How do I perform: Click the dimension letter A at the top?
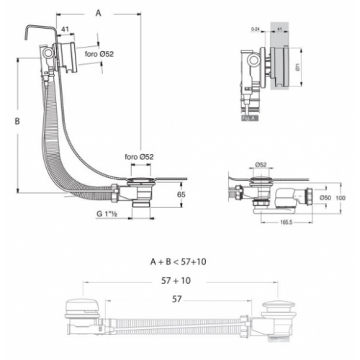point(99,12)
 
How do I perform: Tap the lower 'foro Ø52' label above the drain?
point(139,157)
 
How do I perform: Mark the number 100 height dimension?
point(341,197)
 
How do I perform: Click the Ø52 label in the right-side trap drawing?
point(261,165)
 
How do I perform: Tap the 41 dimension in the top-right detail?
point(277,30)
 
